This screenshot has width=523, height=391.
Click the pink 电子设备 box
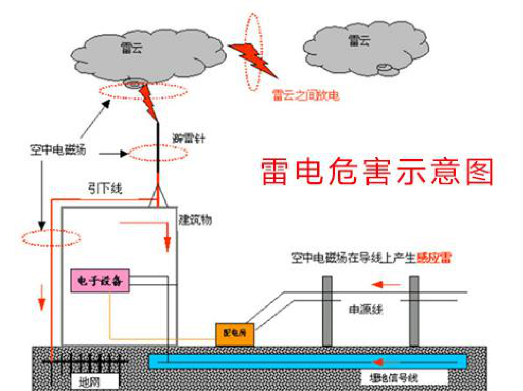coord(100,281)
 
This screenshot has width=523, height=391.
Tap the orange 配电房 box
coord(234,334)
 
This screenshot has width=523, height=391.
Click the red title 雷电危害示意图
coord(377,172)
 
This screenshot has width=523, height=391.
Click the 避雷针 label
coord(189,138)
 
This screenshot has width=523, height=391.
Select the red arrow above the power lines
coord(386,284)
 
